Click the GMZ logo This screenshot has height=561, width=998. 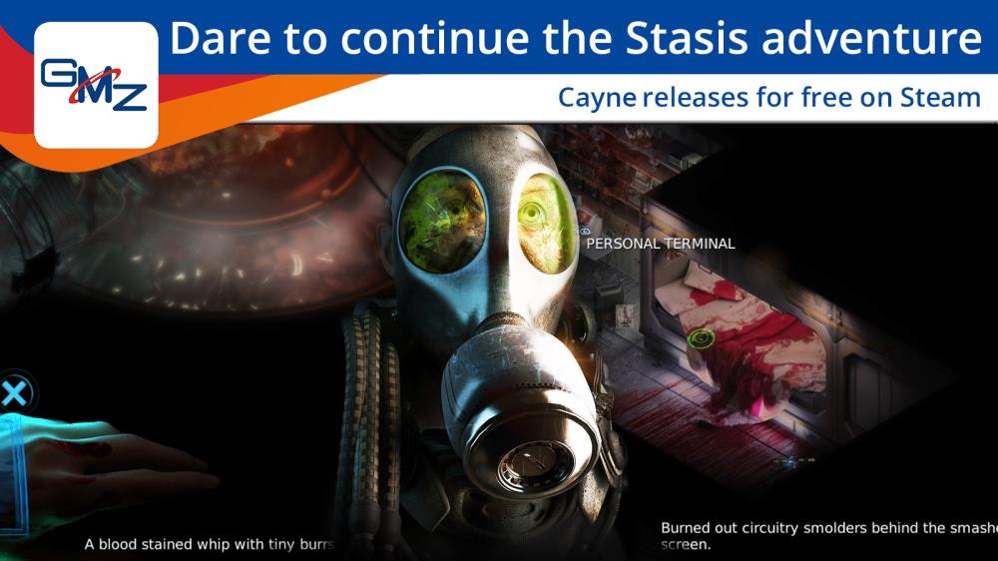tap(96, 85)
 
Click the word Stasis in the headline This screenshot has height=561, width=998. tap(687, 38)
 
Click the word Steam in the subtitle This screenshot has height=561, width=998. tap(940, 98)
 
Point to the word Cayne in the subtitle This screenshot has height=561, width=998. tap(597, 99)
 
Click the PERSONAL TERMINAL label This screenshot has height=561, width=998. tap(661, 244)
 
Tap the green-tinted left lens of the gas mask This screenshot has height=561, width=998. tap(442, 221)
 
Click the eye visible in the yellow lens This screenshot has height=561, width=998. tap(532, 214)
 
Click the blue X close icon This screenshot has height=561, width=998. tap(14, 392)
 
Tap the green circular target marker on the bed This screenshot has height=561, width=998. tap(701, 337)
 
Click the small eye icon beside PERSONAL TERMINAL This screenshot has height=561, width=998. tap(584, 232)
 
